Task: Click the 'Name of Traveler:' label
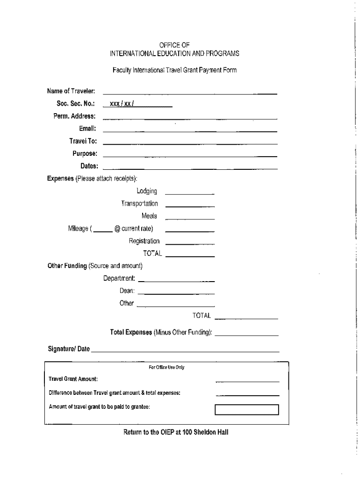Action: click(72, 90)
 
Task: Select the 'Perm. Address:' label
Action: click(74, 116)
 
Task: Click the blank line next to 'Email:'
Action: click(190, 131)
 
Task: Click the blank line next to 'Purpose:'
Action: click(190, 156)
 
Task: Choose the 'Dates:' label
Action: click(89, 166)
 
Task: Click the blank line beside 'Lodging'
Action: click(189, 193)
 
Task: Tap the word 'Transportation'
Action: click(139, 203)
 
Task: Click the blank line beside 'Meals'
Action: click(190, 218)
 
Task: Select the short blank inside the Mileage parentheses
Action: click(103, 231)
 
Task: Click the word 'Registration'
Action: click(144, 241)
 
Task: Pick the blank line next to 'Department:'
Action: click(176, 281)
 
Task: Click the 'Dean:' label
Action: click(127, 291)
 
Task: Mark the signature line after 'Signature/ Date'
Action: click(185, 351)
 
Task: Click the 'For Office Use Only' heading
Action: click(166, 368)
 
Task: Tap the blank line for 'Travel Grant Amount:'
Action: click(247, 381)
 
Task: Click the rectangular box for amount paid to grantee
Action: click(246, 410)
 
